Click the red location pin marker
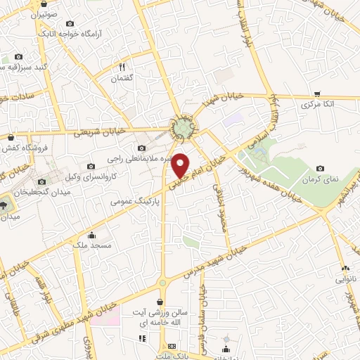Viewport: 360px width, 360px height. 181,166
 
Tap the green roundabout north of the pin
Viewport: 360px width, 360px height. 183,128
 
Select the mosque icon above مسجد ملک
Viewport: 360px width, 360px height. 91,236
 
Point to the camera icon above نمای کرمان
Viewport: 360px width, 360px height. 321,168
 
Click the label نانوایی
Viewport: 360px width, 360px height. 345,280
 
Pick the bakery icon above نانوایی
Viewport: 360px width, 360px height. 345,268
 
